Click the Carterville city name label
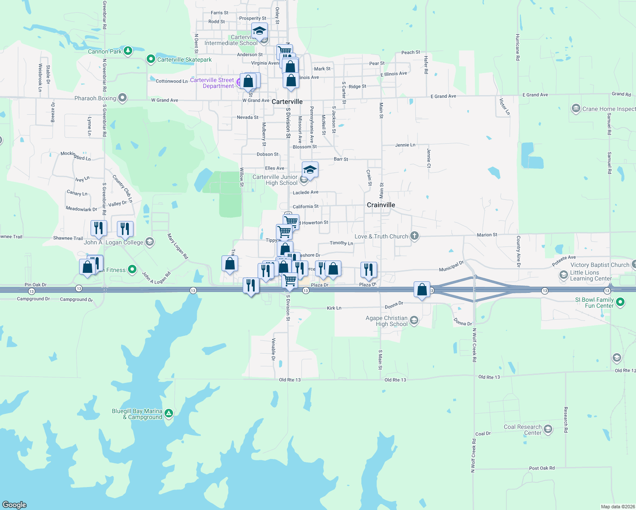tap(287, 102)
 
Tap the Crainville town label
tap(381, 205)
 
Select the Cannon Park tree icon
tap(128, 51)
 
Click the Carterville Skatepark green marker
tap(150, 59)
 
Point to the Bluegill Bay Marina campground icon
tap(169, 413)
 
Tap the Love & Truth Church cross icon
tap(415, 236)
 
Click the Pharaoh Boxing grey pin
tap(122, 98)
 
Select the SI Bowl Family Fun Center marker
tap(620, 302)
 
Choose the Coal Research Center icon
tap(548, 429)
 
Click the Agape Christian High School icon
tap(414, 320)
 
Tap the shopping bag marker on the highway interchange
tap(422, 290)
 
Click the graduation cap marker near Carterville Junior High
tap(310, 170)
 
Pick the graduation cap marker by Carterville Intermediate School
tap(259, 31)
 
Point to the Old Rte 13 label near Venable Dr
tap(290, 380)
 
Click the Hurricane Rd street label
tap(517, 47)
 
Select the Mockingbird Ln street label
tap(76, 156)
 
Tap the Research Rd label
tap(565, 419)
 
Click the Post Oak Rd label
tap(542, 468)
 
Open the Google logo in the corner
tap(14, 504)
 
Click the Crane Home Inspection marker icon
tap(576, 108)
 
